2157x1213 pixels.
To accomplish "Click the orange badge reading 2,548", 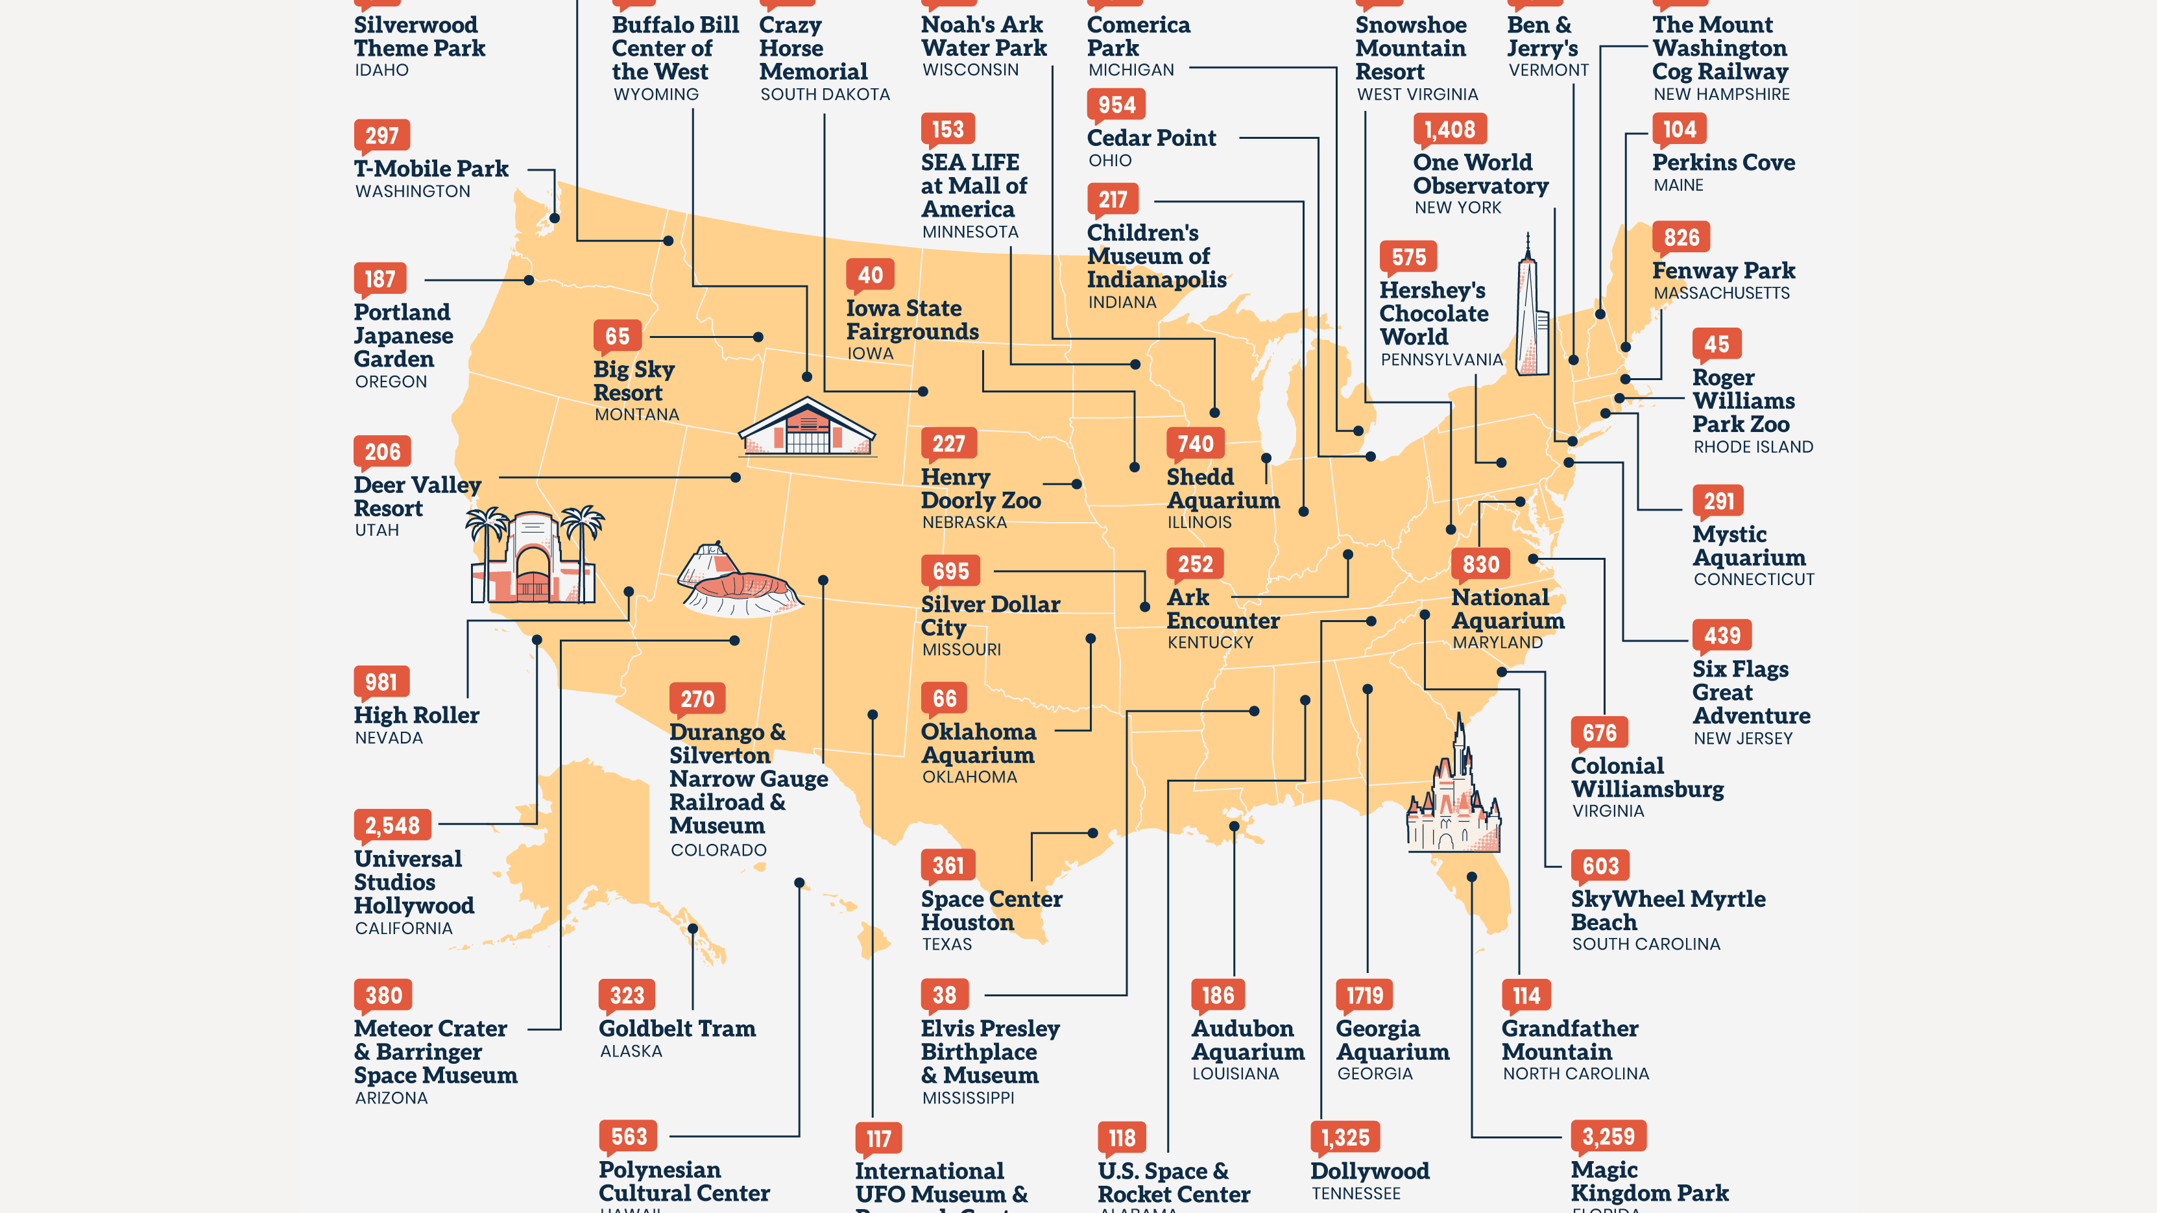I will (x=392, y=825).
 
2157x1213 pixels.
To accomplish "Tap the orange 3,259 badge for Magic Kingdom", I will (x=1608, y=1136).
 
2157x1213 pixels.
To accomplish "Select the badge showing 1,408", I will (x=1449, y=130).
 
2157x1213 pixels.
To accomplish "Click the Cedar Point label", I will (x=1151, y=138).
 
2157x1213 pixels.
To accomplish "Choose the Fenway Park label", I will (x=1723, y=270).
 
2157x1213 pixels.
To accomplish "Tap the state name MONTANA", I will (x=636, y=414).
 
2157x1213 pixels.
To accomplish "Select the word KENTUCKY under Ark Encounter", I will (x=1210, y=643).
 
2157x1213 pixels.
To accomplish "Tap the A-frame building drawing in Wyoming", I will (x=806, y=427).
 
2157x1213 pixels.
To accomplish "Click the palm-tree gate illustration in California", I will (x=533, y=556).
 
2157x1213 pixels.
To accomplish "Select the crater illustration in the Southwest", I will (x=737, y=582).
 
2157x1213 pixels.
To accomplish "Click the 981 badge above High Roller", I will (x=381, y=682).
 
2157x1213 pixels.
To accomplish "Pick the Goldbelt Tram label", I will (x=677, y=1029).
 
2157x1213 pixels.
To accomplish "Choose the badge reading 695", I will (x=950, y=571).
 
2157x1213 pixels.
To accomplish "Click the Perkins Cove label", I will (x=1723, y=162).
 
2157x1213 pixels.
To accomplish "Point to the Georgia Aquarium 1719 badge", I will (x=1364, y=995).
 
